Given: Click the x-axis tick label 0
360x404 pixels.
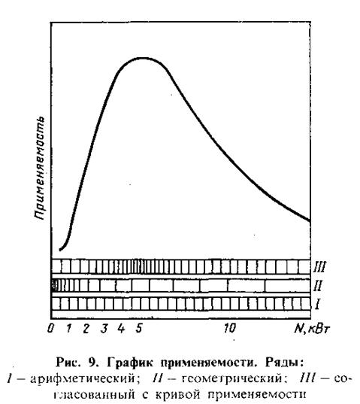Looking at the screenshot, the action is (50, 328).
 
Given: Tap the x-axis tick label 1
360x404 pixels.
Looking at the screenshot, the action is (68, 328).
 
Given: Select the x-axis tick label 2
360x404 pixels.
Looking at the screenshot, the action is (86, 329).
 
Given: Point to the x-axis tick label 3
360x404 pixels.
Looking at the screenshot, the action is (104, 329).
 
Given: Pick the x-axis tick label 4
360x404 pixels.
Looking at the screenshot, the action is (121, 328).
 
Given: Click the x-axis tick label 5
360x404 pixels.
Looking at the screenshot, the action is (139, 328).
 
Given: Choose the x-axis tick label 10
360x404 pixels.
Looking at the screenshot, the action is (229, 328).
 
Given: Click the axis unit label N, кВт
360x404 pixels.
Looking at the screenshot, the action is (312, 329).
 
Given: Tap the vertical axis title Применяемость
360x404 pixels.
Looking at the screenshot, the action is (40, 169).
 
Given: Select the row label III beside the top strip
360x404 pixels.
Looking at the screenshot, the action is (319, 266).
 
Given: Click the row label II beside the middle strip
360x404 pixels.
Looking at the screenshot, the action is (318, 285).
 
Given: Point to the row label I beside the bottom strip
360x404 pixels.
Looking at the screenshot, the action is (317, 304).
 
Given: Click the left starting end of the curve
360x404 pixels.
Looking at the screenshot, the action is (60, 250).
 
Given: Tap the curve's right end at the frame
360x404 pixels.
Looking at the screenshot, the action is (310, 220).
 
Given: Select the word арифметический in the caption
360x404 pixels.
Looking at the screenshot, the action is (82, 378).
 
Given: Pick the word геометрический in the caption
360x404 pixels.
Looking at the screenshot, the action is (231, 378).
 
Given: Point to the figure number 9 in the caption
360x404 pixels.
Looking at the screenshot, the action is (92, 363).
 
